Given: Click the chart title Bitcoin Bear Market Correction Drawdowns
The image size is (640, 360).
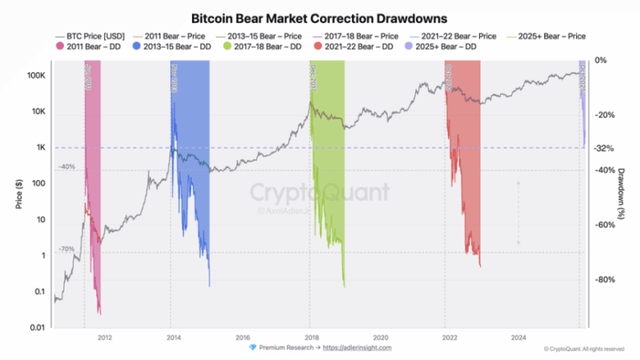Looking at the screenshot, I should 319,17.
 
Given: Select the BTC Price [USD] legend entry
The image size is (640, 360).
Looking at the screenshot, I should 90,37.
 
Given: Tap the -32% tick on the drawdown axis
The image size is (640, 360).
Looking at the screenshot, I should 606,148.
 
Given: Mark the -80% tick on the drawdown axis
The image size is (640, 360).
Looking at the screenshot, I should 606,280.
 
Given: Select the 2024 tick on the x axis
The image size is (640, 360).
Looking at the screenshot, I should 518,337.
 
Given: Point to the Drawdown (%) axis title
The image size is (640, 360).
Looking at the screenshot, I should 622,194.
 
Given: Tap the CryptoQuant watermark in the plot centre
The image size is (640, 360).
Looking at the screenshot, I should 320,193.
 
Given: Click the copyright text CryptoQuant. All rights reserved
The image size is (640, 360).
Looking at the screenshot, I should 586,349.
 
